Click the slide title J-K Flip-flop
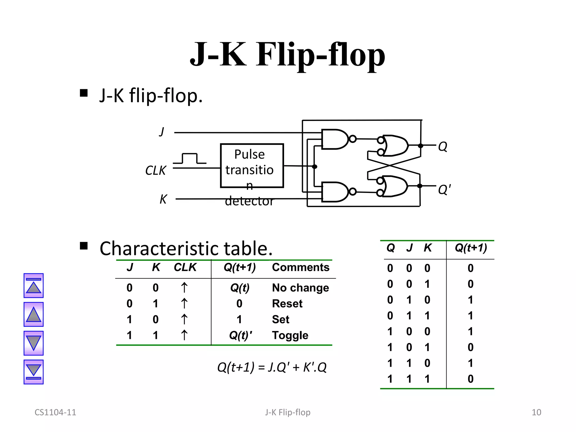point(287,55)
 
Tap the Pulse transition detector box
point(252,166)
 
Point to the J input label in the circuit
point(162,132)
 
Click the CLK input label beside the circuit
point(156,170)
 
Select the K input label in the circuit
point(163,199)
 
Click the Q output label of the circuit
point(443,146)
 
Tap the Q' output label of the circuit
point(444,190)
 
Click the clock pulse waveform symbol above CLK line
point(190,159)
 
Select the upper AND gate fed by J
point(335,139)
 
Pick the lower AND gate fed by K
point(335,192)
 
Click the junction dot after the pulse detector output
point(315,166)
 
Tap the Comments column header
point(300,267)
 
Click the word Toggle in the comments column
point(290,335)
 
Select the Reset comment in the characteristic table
point(287,303)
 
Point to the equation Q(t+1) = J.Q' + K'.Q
point(272,367)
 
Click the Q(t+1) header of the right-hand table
point(471,248)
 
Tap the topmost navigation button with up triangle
point(33,285)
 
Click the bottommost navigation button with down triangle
point(33,372)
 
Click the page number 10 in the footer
point(536,412)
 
